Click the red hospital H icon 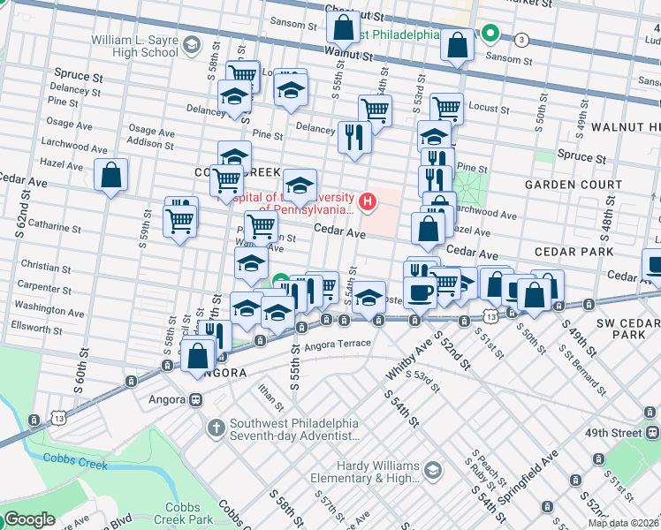[x=367, y=202]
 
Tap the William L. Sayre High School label [x=135, y=46]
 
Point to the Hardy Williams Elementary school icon [x=432, y=468]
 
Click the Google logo [x=29, y=520]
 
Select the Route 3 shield [x=522, y=40]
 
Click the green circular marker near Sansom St [x=490, y=35]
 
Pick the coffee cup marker [x=420, y=291]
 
